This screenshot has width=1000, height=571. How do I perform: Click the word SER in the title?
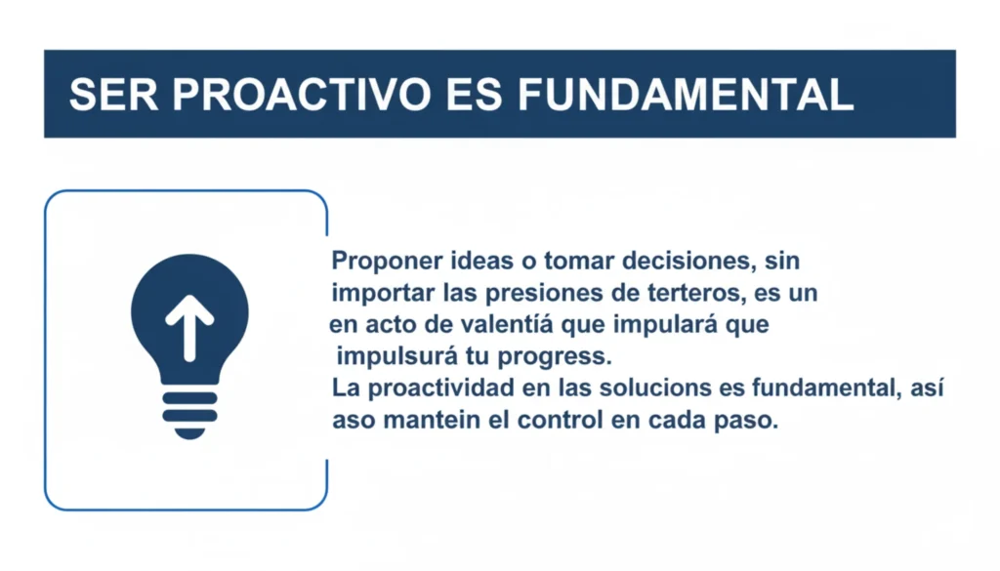[113, 95]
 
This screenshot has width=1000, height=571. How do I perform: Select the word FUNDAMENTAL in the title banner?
[686, 95]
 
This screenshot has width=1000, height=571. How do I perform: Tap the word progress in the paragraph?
[555, 357]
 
